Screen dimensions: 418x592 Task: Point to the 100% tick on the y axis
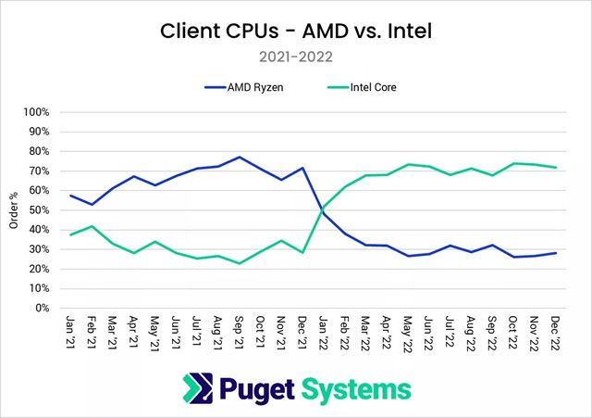coord(35,112)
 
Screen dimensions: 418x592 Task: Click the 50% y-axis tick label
coord(38,210)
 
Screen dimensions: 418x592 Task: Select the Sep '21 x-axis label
coord(240,330)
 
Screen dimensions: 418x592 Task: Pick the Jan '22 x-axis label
coord(323,330)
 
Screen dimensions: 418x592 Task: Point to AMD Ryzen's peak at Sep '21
coord(240,158)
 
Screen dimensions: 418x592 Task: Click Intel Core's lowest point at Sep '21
coord(240,263)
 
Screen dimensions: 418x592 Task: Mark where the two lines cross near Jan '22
coord(322,211)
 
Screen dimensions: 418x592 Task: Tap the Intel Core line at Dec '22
coord(553,168)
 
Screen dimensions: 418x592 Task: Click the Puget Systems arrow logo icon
coord(198,387)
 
